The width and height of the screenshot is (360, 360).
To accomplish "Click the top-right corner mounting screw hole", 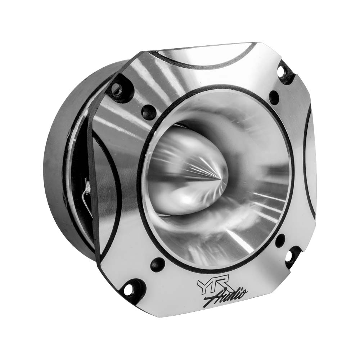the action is (x=282, y=72).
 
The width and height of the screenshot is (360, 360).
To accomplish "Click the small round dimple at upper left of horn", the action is (x=146, y=111).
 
